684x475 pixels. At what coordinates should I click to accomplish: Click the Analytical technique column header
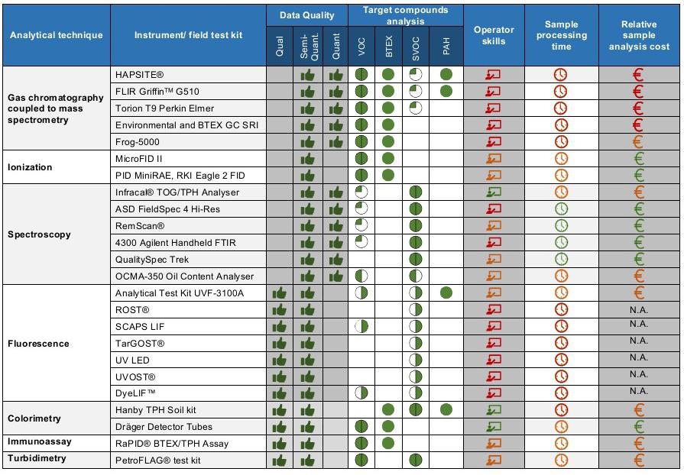(x=56, y=35)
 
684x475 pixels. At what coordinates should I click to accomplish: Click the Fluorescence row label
(x=38, y=344)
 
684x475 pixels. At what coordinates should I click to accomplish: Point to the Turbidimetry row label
(x=37, y=459)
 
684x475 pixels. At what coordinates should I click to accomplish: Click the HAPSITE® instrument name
(x=140, y=75)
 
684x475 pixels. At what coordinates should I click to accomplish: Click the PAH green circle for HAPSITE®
(x=446, y=75)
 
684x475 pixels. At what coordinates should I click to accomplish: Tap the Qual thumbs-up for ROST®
(x=280, y=310)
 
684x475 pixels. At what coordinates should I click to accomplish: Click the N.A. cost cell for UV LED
(x=639, y=358)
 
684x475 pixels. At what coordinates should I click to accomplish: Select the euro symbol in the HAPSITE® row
(x=639, y=75)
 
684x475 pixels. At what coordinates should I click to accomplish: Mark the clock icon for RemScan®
(x=561, y=226)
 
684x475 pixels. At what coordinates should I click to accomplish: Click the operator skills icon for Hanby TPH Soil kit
(x=494, y=410)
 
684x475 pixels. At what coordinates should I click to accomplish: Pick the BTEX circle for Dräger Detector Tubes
(x=388, y=426)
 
